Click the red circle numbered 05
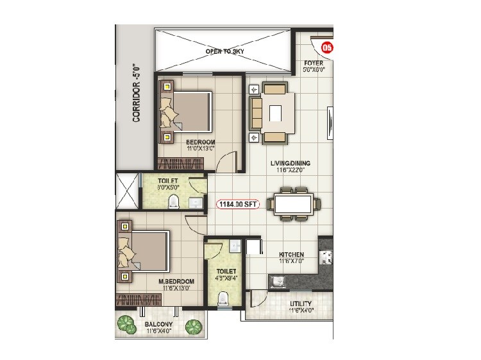coord(327,47)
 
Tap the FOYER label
coord(314,64)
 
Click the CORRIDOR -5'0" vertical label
coord(135,92)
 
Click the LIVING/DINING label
coord(291,164)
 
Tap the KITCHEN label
coord(291,255)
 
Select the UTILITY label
coord(300,304)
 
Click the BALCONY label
coord(157,325)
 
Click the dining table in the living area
coord(294,204)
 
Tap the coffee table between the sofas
coord(275,113)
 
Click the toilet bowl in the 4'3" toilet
coord(224,298)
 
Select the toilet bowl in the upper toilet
coord(172,203)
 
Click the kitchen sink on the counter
coord(278,281)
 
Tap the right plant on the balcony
coord(192,327)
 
